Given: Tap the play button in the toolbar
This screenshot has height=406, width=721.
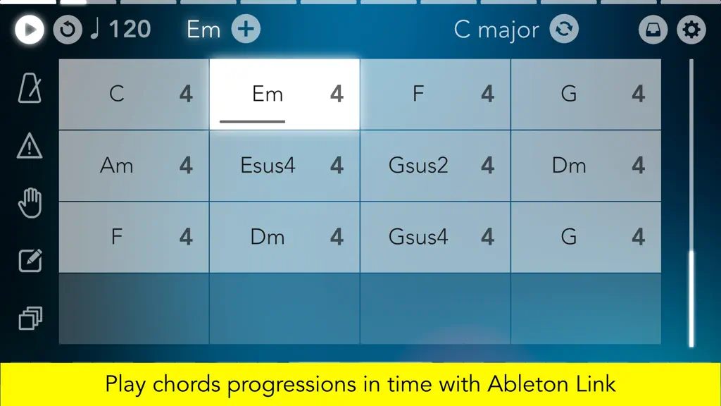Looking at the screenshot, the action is coord(30,30).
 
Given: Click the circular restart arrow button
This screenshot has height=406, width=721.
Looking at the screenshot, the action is coord(68,30).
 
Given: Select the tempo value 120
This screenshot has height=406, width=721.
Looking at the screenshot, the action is coord(130,30).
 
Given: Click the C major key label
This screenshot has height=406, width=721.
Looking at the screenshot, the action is coord(496,30).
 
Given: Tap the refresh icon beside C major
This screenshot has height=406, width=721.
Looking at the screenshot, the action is coord(564,29).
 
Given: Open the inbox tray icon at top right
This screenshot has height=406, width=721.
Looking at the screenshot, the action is coord(653,30).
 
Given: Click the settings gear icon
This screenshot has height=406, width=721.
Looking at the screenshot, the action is coord(691,30).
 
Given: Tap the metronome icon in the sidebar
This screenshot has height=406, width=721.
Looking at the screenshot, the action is coord(30,87).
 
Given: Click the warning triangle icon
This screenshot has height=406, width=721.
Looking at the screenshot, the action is coord(30,146).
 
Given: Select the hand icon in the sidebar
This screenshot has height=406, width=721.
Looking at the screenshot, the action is coord(30,202).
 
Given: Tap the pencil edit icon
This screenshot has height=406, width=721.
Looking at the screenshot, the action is coord(30,261).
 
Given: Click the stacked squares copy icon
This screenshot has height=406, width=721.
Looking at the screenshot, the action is coord(30,318).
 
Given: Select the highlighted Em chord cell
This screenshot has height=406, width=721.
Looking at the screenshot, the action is coord(284,94).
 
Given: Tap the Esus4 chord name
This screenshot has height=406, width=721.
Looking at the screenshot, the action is coord(268,165).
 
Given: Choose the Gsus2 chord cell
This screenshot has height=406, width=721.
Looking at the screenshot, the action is coord(435,166).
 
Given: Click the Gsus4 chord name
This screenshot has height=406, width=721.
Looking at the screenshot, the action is coord(418,237).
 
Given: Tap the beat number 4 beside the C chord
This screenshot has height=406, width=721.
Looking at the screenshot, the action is coord(186,94).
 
